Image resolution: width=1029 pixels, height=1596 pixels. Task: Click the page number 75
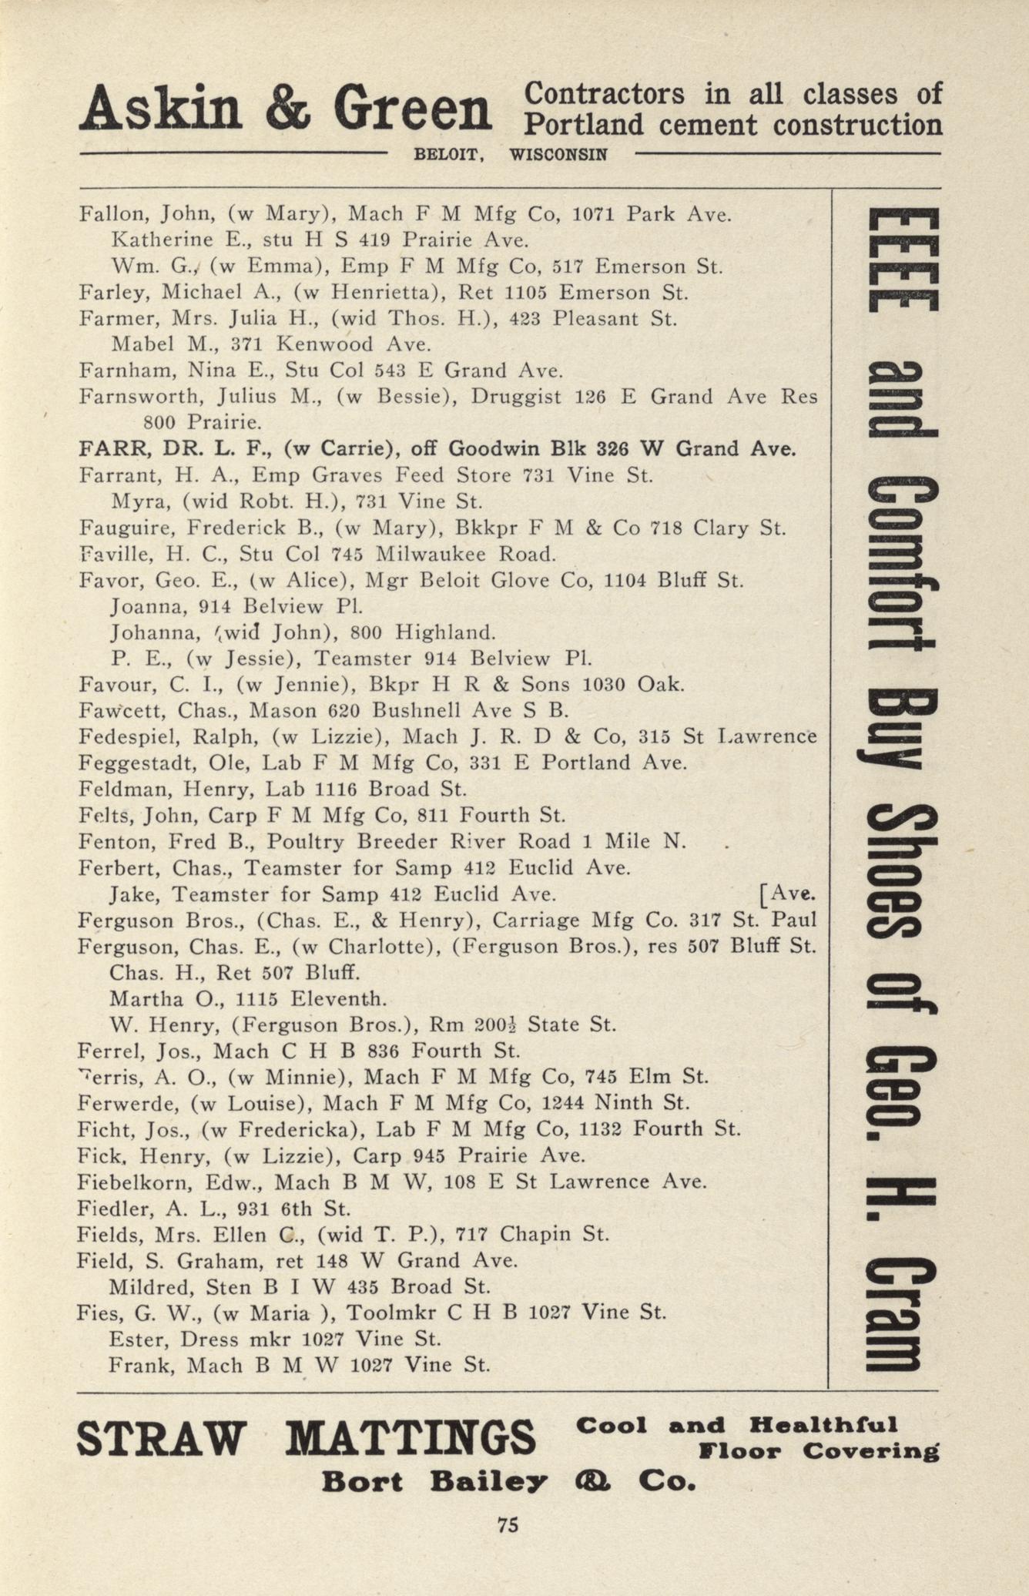(508, 1524)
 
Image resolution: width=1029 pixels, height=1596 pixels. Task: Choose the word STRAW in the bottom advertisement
(161, 1437)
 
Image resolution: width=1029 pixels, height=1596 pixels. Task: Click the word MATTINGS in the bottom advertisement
(414, 1437)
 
